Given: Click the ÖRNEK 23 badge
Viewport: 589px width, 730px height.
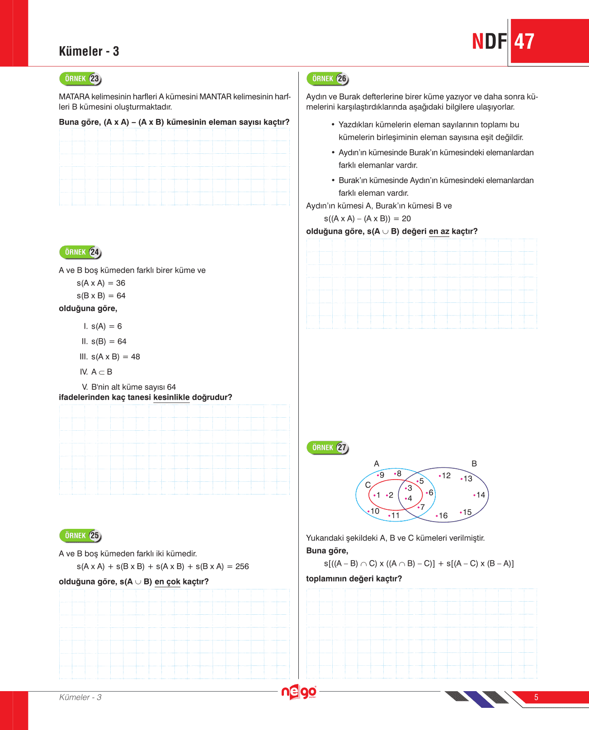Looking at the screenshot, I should tap(80, 79).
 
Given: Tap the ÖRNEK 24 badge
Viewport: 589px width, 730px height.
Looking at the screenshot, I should tap(80, 252).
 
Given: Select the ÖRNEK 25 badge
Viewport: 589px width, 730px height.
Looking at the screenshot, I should tap(80, 536).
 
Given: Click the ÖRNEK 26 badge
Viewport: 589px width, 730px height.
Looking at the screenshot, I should tap(328, 79).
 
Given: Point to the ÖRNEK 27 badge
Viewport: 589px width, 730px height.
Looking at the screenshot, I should tap(328, 447).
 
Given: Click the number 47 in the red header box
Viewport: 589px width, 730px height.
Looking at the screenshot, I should tap(524, 42).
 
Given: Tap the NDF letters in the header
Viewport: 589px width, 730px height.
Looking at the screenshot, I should tap(490, 42).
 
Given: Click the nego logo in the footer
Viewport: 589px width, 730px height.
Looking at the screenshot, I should tap(298, 692).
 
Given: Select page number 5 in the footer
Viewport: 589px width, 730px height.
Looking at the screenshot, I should tap(536, 697).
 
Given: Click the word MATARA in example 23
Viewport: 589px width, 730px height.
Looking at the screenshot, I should tap(74, 97).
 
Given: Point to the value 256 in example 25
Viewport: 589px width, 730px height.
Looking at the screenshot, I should tap(242, 566).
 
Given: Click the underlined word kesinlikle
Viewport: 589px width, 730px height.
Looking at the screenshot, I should tap(171, 397).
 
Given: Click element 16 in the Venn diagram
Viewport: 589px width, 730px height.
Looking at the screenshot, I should tap(443, 516).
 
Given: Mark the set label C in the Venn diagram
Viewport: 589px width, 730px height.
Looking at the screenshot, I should tap(368, 485).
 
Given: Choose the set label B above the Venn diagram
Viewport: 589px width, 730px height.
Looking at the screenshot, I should tap(474, 464).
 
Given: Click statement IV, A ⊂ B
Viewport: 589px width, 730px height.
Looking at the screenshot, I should tap(97, 372).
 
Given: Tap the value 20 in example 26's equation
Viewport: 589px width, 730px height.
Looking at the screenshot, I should tap(406, 219).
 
